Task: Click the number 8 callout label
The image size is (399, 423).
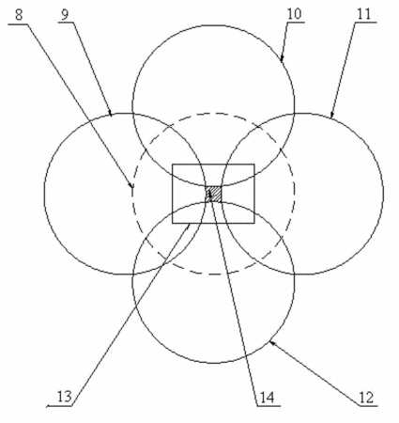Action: (x=19, y=15)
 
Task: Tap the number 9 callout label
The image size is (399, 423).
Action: (x=65, y=15)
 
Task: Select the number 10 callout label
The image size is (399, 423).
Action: (x=294, y=14)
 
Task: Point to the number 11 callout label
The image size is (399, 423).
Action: (x=364, y=14)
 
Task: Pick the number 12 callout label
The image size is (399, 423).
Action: (x=367, y=398)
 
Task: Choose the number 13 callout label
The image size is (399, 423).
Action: (x=64, y=397)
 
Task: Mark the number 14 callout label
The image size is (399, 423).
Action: (x=267, y=398)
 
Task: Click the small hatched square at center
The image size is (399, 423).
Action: (x=213, y=195)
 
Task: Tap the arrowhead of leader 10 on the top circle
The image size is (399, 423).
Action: (x=282, y=58)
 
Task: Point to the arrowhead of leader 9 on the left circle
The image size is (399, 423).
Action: (x=110, y=113)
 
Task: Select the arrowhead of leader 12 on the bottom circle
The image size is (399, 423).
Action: (x=272, y=344)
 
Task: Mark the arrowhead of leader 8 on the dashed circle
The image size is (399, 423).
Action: (x=131, y=185)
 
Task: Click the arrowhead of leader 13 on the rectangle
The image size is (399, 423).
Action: (x=188, y=227)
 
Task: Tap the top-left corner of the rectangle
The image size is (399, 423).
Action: (x=173, y=164)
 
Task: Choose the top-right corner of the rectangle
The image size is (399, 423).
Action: (x=254, y=164)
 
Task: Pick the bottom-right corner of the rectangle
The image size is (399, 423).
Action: (x=254, y=223)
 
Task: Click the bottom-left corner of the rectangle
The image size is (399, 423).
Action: (x=173, y=223)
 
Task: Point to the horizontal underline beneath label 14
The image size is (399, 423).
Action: (x=269, y=406)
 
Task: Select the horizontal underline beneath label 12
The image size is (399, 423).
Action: (x=368, y=406)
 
